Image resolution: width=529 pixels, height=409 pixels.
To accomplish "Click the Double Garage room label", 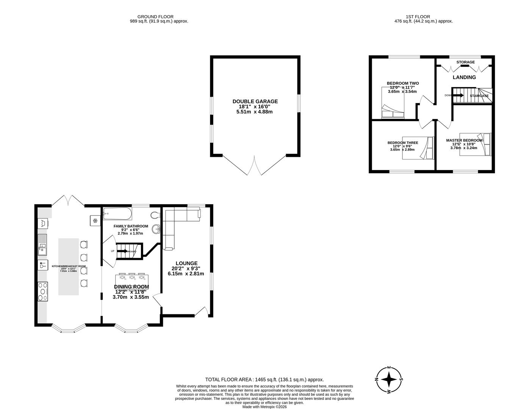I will tap(255, 101).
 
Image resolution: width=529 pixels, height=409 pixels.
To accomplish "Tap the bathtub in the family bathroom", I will tap(117, 214).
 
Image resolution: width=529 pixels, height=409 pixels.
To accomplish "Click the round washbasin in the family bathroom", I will tap(156, 229).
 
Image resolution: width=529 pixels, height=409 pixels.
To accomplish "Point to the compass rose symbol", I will tap(389, 379).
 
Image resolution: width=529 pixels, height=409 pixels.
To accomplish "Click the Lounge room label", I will tap(186, 263).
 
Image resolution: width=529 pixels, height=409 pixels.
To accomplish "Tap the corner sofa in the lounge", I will tap(174, 223).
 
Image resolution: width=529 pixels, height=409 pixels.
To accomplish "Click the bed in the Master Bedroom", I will tap(476, 144).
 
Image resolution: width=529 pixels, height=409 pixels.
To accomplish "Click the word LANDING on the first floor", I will tap(464, 77).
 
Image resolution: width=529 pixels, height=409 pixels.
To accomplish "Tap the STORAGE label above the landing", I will tap(465, 62).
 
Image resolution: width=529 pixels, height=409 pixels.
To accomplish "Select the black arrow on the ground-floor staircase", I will tap(122, 251).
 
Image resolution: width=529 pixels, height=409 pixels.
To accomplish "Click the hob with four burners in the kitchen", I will tap(43, 292).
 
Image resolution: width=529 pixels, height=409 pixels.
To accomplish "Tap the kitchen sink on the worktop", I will tap(42, 244).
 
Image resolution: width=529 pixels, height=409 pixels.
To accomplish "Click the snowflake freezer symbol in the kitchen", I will tap(95, 220).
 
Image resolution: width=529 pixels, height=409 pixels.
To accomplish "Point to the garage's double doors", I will tap(254, 165).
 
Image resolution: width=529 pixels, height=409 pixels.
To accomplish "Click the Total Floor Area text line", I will tap(264, 379).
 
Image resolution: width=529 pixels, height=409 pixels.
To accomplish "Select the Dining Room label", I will tap(131, 287).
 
